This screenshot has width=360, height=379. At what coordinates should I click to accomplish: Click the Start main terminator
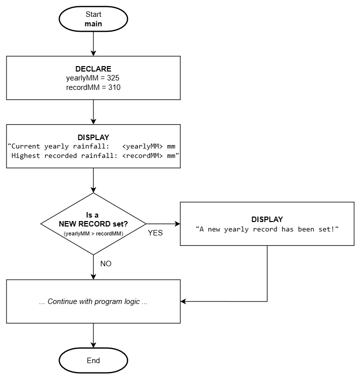(x=93, y=19)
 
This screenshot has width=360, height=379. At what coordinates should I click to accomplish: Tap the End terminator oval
(x=93, y=361)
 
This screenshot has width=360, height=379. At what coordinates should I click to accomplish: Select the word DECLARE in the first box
(x=93, y=69)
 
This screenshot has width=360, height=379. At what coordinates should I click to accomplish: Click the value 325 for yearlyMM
(x=112, y=78)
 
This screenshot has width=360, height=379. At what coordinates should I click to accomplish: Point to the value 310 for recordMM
(x=113, y=87)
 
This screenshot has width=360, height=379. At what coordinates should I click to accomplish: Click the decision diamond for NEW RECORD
(x=93, y=224)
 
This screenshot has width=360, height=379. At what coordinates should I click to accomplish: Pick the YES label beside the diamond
(x=155, y=232)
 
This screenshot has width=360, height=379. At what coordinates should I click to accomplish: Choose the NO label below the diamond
(x=106, y=264)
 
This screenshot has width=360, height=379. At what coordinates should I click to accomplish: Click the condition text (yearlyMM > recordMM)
(x=93, y=233)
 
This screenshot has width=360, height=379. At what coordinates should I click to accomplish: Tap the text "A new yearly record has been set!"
(x=267, y=229)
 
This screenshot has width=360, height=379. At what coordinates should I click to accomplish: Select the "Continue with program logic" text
(x=93, y=302)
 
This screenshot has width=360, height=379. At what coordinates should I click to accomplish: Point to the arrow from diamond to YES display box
(x=163, y=224)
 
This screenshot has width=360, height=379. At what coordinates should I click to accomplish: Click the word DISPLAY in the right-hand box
(x=267, y=219)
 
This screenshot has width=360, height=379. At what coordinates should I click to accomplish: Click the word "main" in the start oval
(x=93, y=23)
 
